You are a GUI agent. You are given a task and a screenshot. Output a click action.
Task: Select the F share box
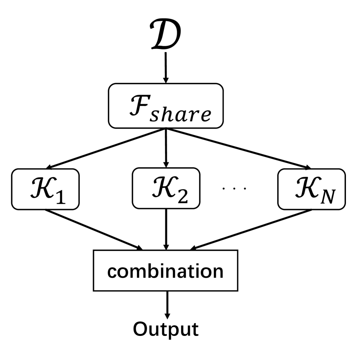[x=165, y=106]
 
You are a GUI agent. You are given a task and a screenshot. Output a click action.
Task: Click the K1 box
[x=45, y=189]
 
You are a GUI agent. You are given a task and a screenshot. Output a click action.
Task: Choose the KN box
[x=311, y=189]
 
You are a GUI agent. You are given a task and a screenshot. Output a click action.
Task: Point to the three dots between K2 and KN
[x=234, y=188]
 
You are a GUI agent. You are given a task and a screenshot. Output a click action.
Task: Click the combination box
[x=165, y=271]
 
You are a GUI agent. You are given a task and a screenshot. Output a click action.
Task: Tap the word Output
[x=165, y=329]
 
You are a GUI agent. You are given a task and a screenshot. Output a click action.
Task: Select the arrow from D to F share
[x=165, y=68]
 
